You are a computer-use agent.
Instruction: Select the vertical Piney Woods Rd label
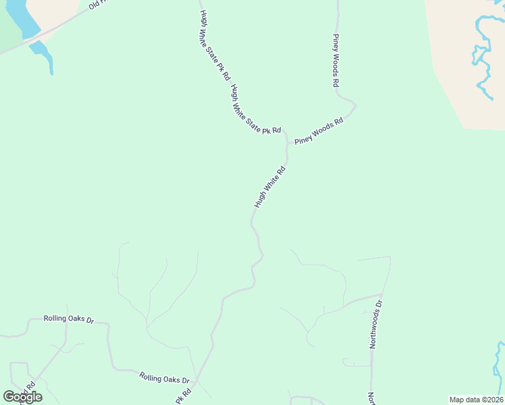[336, 61]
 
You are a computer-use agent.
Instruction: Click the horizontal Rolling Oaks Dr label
[65, 319]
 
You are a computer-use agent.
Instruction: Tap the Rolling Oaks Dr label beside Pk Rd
[165, 379]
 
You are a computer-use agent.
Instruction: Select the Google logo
[22, 397]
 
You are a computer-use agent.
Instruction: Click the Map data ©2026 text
[476, 400]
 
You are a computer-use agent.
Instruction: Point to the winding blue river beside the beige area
[483, 54]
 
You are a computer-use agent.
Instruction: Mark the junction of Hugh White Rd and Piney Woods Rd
[288, 144]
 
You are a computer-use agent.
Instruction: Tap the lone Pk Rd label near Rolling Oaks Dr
[183, 396]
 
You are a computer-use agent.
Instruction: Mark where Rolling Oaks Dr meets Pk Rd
[196, 381]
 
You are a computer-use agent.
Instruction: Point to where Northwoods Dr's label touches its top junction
[381, 297]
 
